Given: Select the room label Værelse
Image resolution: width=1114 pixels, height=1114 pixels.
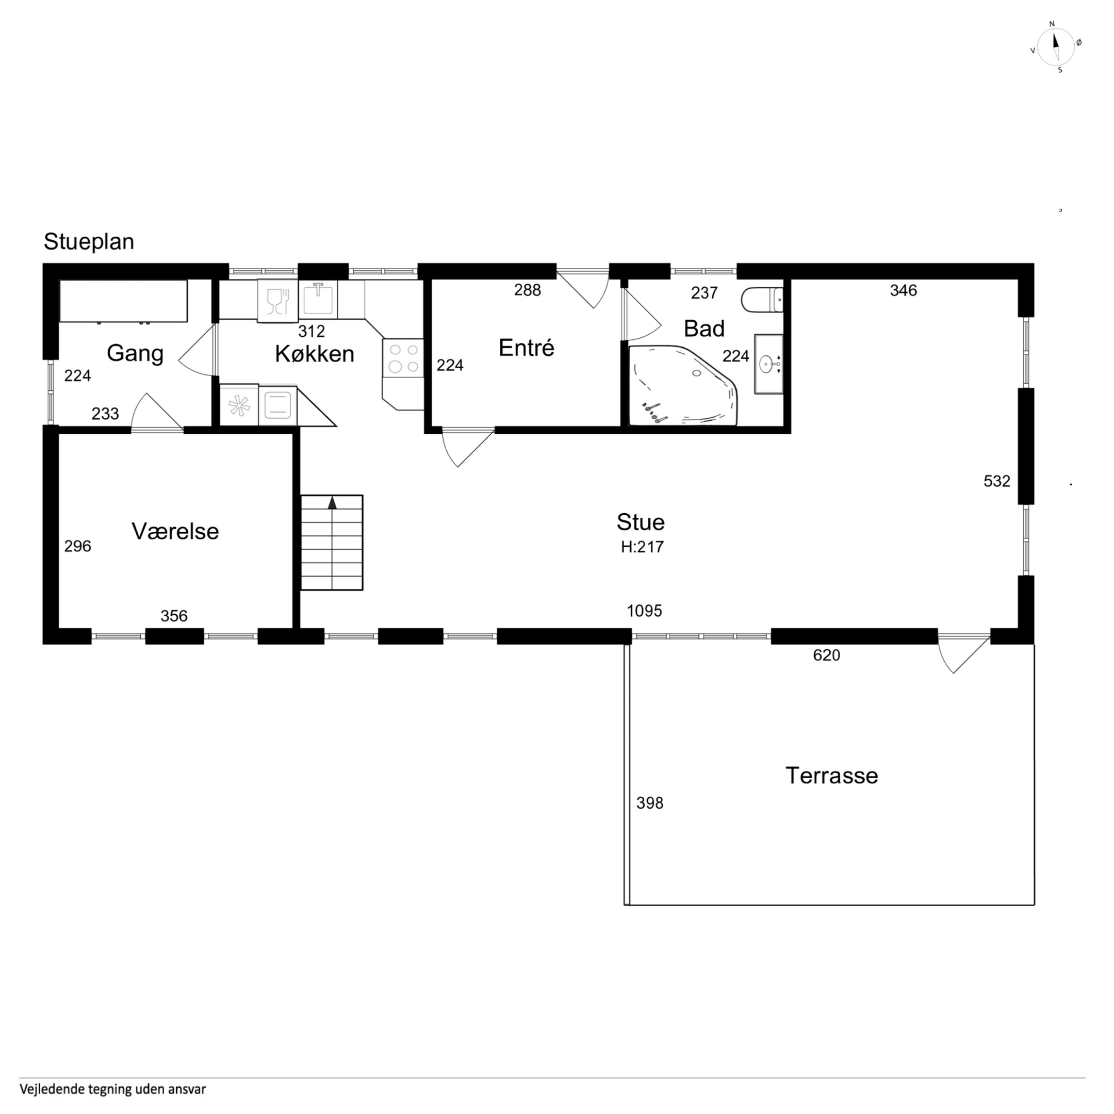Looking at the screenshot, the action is coord(175,531).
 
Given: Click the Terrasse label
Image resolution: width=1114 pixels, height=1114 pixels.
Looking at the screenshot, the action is coord(831,776).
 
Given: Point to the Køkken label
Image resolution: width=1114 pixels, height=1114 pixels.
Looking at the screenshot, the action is coord(314,353).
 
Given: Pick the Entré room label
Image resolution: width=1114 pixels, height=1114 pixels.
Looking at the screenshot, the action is coord(527,348).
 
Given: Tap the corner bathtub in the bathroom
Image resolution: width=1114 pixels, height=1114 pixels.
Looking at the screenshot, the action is coord(683,385).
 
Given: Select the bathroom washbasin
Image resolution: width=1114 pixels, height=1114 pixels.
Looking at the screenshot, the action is coord(768,364).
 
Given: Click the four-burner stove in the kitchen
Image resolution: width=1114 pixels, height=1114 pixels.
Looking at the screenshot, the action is coord(403,358).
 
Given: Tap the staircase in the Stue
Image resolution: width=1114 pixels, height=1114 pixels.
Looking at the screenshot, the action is coord(332,543).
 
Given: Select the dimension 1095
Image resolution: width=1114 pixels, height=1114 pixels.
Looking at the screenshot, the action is coord(645,611).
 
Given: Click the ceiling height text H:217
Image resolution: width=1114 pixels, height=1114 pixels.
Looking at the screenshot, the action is coord(642,547).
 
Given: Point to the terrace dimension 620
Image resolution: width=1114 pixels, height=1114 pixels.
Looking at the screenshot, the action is coord(826,655).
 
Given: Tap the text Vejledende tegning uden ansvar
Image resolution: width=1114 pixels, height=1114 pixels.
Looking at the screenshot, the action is coord(113,1089).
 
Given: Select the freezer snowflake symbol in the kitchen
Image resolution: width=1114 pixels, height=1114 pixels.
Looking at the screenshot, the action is coord(238,405).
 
